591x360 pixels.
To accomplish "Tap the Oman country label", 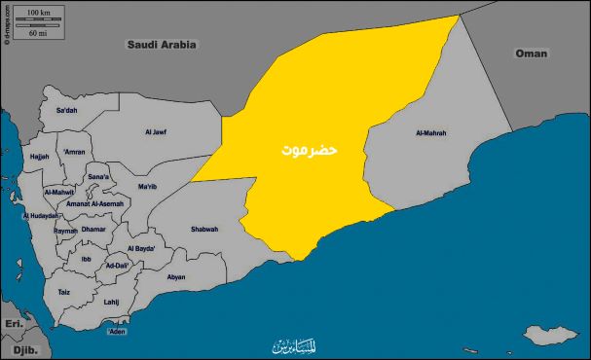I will click(532, 53).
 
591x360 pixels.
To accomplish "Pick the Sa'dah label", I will click(66, 111).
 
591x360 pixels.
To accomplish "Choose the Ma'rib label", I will click(148, 186).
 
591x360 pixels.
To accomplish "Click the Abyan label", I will click(176, 276).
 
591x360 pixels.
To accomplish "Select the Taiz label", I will click(64, 292).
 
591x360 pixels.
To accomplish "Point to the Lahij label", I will click(111, 302).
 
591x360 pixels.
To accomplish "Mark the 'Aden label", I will click(117, 332).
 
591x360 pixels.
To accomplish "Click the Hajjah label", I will click(39, 156).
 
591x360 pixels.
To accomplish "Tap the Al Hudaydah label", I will click(38, 215).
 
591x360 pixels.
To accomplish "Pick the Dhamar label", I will click(93, 230).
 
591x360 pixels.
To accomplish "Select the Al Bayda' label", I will click(142, 249).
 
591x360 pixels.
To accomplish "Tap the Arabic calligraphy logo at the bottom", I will click(295, 346).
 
